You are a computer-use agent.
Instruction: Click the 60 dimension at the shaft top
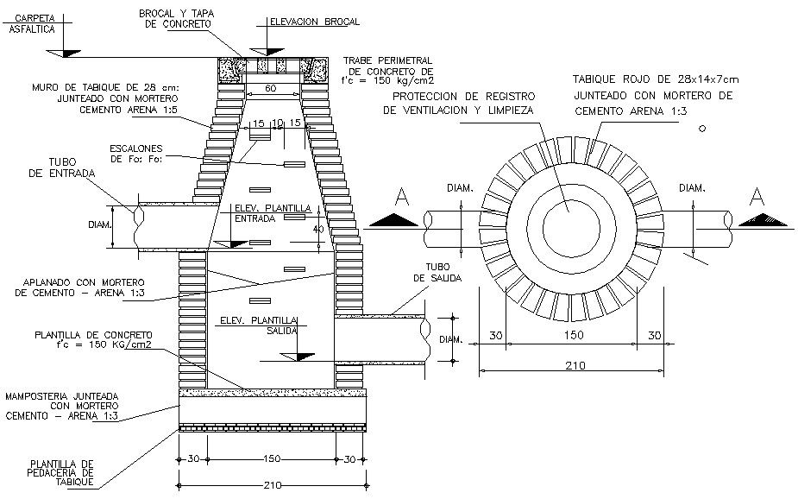click(271, 89)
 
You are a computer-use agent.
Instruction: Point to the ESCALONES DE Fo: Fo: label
click(136, 153)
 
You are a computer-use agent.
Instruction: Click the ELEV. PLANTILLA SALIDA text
click(259, 325)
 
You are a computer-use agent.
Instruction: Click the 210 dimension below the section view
click(272, 483)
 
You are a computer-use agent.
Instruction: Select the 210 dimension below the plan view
click(572, 365)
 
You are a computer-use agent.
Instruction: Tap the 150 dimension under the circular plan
click(572, 335)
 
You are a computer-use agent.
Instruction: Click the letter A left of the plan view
click(400, 199)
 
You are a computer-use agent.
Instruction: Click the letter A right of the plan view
click(757, 197)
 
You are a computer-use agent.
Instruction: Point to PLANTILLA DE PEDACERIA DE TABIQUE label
click(60, 472)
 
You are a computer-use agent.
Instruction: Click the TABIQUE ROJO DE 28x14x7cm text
click(656, 79)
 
